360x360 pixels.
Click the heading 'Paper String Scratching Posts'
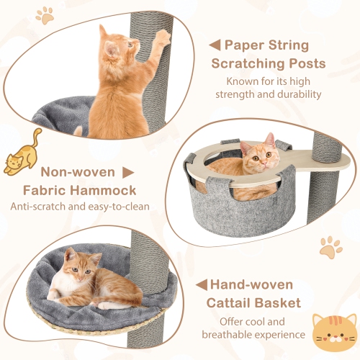click(268, 54)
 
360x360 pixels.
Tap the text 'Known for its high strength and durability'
click(267, 87)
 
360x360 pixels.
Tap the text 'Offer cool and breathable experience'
click(263, 327)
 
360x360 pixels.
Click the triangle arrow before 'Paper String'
click(215, 45)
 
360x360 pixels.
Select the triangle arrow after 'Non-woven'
click(128, 173)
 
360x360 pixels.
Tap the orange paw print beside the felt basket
click(330, 246)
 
